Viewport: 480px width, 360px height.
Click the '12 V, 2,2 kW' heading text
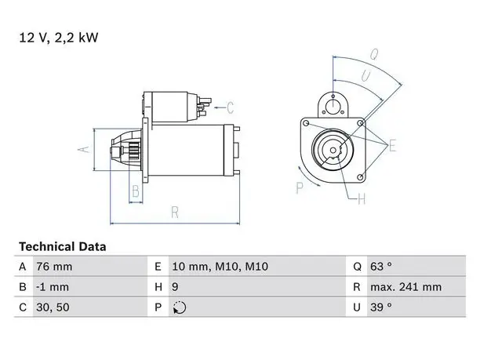pos(59,38)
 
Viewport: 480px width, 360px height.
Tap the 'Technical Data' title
pos(63,247)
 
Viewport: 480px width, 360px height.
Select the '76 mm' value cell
pos(54,267)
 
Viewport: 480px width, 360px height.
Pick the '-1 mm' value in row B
pos(53,287)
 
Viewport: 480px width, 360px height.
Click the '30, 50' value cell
pos(53,307)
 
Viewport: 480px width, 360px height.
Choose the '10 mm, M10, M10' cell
pos(220,267)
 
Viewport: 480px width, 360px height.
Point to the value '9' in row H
pos(175,287)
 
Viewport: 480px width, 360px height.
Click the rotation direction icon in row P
pos(180,307)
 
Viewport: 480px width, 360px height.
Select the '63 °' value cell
pos(381,267)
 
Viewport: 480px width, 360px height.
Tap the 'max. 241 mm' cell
pos(406,287)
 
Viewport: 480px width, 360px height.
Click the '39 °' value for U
pos(381,307)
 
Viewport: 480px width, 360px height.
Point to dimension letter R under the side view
pos(175,212)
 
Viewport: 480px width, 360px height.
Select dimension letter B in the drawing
pos(136,191)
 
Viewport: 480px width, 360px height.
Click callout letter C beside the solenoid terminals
pos(231,107)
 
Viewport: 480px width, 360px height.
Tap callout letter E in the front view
pos(392,145)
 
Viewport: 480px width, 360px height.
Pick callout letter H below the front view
pos(362,199)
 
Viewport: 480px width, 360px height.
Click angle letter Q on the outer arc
pos(374,55)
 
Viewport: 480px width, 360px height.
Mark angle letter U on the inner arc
pos(365,76)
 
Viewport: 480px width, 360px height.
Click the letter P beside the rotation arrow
pos(300,187)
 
